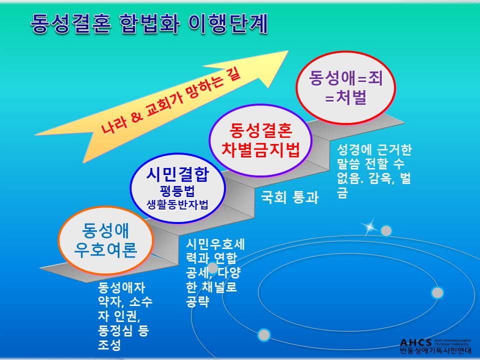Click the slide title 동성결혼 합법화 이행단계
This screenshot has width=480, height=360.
[x=149, y=23]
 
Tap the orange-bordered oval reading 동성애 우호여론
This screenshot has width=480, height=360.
[x=105, y=240]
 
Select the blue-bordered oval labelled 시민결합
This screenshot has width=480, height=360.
[x=178, y=188]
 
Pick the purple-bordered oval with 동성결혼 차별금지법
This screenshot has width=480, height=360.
[x=260, y=140]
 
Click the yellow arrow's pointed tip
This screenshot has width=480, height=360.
[x=288, y=51]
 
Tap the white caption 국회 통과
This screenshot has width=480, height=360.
[x=289, y=197]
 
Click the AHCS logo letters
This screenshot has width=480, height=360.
[x=416, y=342]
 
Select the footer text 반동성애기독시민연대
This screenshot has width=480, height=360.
[x=435, y=350]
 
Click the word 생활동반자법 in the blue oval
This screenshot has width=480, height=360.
[x=177, y=205]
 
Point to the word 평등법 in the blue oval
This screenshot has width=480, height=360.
[x=177, y=191]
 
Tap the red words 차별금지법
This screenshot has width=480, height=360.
[x=260, y=150]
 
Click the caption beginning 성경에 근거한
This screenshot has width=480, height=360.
[x=374, y=171]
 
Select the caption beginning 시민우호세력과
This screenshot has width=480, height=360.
[x=215, y=273]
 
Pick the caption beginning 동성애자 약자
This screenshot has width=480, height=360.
[x=125, y=316]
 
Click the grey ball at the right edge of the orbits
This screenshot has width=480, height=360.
[x=437, y=292]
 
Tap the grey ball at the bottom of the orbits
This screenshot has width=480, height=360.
[x=264, y=334]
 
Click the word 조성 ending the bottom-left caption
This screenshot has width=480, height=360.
[x=109, y=345]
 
